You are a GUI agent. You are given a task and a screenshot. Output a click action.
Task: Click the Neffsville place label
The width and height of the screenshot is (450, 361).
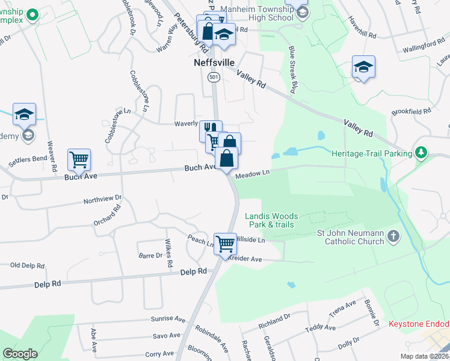(214, 63)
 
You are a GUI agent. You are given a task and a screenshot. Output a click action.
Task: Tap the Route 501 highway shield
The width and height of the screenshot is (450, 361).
(214, 77)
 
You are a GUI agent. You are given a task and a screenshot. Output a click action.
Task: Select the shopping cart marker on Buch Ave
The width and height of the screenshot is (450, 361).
(79, 160)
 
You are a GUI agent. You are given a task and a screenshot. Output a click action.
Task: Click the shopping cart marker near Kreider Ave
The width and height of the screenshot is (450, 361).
(225, 244)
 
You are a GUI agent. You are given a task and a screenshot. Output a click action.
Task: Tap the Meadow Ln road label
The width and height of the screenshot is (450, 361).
(251, 174)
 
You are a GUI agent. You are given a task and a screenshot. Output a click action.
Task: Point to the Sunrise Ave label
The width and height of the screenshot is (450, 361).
(169, 319)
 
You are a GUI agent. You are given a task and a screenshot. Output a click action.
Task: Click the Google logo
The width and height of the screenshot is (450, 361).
(20, 354)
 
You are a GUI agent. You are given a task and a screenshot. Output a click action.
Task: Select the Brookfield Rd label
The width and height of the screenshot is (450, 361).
(411, 111)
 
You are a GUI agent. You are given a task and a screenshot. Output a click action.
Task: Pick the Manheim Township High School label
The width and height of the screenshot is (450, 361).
(256, 14)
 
